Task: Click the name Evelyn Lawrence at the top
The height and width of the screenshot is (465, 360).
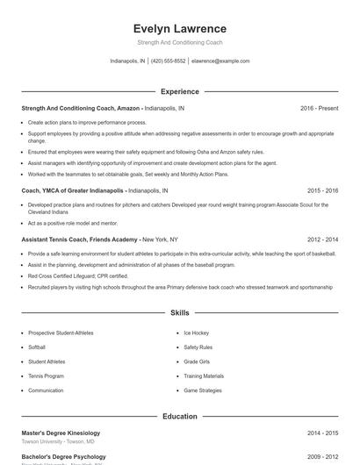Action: click(x=179, y=28)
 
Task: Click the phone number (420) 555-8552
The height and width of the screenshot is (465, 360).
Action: click(x=169, y=61)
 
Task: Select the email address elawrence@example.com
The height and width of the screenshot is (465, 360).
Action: click(x=220, y=61)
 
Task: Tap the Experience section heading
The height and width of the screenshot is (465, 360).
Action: click(x=179, y=91)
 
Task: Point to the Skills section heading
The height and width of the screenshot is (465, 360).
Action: click(x=179, y=312)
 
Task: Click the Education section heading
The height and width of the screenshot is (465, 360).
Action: click(x=179, y=416)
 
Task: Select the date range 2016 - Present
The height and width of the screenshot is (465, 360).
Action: click(x=319, y=108)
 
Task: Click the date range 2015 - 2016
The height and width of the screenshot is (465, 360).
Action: click(x=322, y=190)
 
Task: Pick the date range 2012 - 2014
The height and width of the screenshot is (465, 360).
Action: click(x=322, y=239)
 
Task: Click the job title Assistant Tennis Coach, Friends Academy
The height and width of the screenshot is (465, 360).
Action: click(x=81, y=239)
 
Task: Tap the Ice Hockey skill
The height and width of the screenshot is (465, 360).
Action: click(x=196, y=333)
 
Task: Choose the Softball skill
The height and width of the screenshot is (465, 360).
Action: click(x=39, y=347)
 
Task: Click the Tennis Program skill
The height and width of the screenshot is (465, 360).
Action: click(x=46, y=376)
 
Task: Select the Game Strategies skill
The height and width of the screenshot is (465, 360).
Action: click(x=203, y=390)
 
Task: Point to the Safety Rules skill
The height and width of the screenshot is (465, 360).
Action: click(x=198, y=347)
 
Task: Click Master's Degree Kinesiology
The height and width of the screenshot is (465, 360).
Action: click(x=61, y=433)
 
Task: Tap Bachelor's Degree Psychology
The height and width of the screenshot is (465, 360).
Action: click(x=63, y=456)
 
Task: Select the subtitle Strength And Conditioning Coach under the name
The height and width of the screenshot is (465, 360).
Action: click(x=179, y=42)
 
